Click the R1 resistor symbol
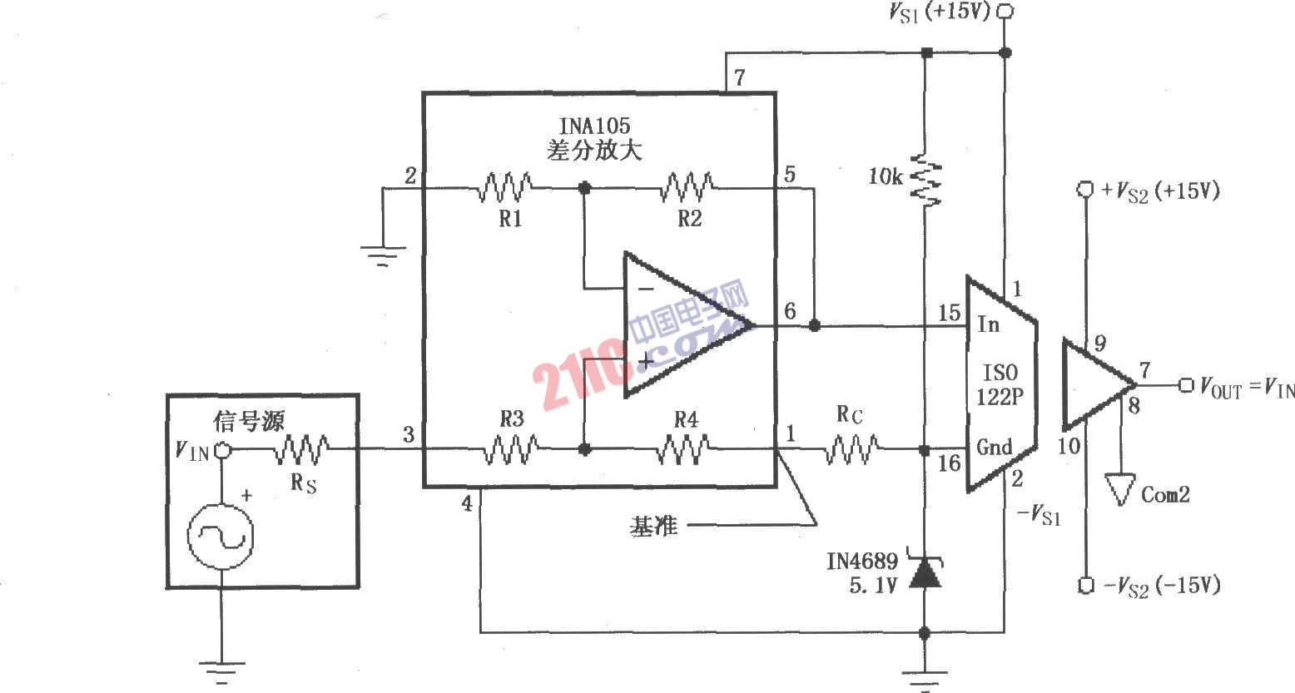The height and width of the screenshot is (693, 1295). coord(504,188)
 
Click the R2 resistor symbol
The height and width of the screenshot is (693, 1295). coord(687,188)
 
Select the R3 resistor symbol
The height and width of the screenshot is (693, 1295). coord(510,449)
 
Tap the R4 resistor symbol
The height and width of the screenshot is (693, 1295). coord(685,449)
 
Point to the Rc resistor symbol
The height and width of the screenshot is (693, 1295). coord(851,450)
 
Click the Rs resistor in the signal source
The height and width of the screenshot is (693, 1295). coord(302,450)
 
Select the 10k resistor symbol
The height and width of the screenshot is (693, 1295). coord(924,179)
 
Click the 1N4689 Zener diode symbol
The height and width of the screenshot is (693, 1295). coord(924,572)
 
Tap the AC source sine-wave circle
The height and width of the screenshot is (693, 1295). coord(221,537)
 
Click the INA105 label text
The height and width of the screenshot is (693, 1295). coord(594,126)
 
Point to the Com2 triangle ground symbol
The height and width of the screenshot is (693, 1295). coord(1120,490)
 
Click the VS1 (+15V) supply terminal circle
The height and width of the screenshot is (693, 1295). coord(1005,12)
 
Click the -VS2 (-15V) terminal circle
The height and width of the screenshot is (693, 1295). coord(1085,586)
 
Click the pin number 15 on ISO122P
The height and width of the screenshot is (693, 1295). coord(949,314)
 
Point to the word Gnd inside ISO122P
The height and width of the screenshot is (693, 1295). coord(994,447)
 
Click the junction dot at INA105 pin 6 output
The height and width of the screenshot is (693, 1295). coord(815,325)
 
